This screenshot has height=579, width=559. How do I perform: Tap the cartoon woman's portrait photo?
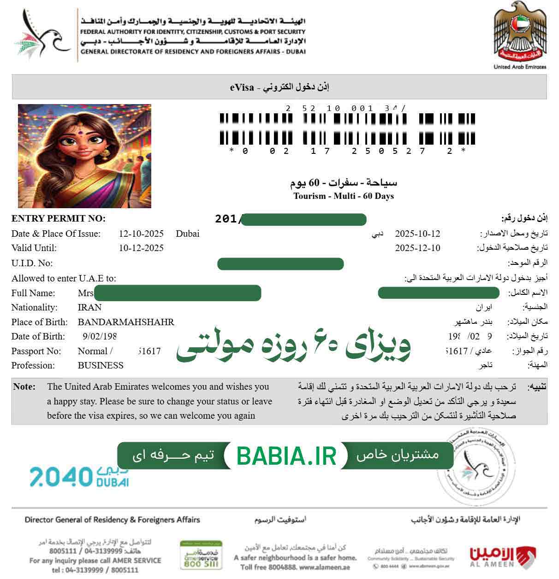84,156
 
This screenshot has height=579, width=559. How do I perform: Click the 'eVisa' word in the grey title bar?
242,88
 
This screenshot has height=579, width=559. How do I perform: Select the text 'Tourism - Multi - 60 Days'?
343,196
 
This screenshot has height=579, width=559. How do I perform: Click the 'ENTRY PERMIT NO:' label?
58,219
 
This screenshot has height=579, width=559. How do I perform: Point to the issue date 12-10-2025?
141,234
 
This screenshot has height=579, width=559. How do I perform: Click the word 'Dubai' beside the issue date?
187,234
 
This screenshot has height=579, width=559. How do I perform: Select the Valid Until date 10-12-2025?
141,248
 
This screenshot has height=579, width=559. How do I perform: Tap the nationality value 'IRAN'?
89,307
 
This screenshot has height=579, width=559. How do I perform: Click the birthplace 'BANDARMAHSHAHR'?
126,322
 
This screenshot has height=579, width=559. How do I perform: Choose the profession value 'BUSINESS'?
101,365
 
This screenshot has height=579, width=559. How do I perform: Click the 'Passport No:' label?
36,351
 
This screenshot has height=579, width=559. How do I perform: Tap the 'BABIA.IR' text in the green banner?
285,456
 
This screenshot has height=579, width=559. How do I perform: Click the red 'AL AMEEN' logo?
502,556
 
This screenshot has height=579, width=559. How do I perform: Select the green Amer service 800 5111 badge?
201,556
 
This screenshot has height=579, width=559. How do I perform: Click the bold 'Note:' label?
24,387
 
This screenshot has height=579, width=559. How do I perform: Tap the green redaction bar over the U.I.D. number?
280,264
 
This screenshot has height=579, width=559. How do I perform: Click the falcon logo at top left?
44,34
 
